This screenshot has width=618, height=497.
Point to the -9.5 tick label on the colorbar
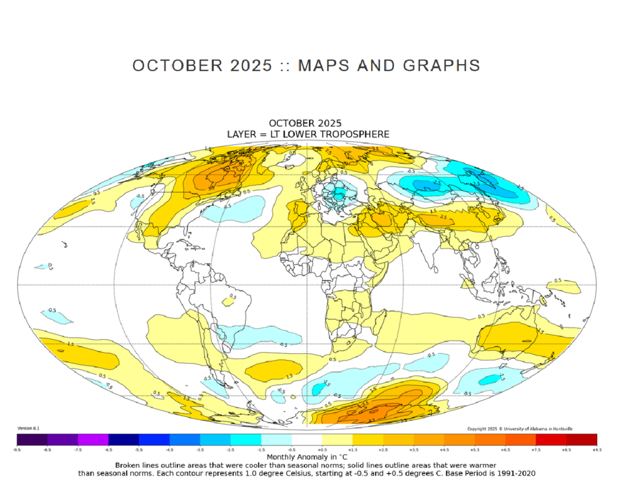tap(18, 448)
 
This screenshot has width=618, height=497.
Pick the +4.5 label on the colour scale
tap(444, 448)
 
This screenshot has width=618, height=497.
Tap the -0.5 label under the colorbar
tap(292, 448)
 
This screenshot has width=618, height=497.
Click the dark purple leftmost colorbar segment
tap(33, 439)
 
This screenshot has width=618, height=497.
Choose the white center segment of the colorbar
tap(307, 439)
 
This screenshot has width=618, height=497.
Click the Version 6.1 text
tap(28, 428)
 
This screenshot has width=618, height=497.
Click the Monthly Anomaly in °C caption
tap(308, 457)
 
